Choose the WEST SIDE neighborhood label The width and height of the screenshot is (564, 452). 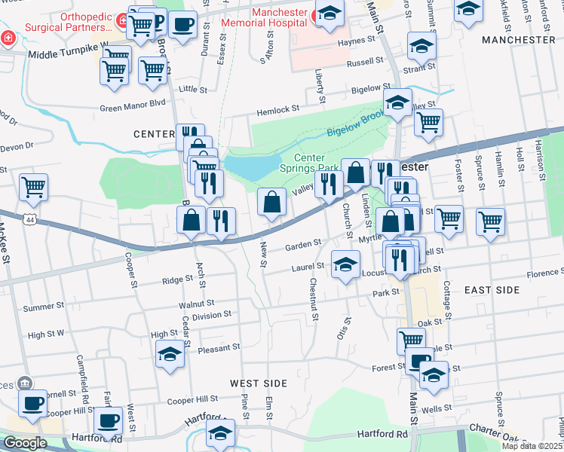(x=259, y=383)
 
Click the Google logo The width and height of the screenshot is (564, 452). (x=24, y=442)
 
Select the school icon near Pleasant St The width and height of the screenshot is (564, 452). (x=170, y=354)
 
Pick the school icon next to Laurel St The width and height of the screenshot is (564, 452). (x=346, y=265)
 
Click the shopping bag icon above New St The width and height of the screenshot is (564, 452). (x=271, y=201)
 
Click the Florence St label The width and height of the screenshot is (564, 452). (x=546, y=274)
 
